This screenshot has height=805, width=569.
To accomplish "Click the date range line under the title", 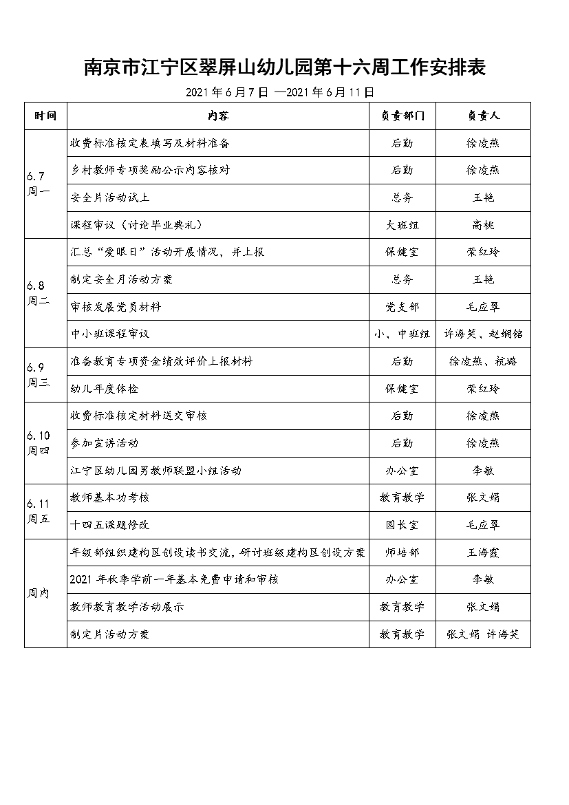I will tap(279, 92).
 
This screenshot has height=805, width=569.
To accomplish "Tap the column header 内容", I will tap(217, 116).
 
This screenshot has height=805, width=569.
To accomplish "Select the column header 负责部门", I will tap(402, 116).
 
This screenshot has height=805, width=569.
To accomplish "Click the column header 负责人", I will tap(483, 116).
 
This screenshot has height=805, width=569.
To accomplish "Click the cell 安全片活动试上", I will tap(110, 197).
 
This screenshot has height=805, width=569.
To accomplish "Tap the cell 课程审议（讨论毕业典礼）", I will tap(138, 225).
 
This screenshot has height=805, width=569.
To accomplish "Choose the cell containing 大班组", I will tap(402, 225).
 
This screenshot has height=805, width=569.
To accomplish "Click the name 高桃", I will tap(483, 225).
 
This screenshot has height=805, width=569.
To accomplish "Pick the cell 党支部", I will tap(402, 307).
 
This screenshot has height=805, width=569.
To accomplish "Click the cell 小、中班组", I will tap(402, 334).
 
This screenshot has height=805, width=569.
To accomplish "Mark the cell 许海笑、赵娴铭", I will tap(483, 334).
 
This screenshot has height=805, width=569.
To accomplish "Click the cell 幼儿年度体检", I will tap(105, 389).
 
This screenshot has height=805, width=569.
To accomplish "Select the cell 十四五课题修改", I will tap(110, 525).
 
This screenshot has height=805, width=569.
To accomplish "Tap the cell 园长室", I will tap(402, 525).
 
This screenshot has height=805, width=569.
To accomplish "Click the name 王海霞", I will tap(483, 552).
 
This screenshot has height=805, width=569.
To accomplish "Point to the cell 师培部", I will tap(402, 552).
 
